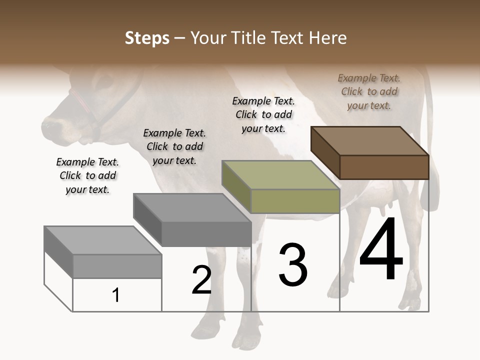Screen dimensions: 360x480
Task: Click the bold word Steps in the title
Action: coord(146,38)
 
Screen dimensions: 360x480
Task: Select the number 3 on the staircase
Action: coord(293,264)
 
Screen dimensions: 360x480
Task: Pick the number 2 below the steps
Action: coord(202,280)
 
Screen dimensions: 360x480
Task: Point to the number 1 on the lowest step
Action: coord(116,295)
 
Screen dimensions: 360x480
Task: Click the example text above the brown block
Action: coord(369,91)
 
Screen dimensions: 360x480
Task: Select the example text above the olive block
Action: coord(263,114)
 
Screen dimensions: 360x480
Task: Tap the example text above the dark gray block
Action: coord(174,146)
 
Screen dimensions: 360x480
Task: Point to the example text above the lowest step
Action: coord(87,175)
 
